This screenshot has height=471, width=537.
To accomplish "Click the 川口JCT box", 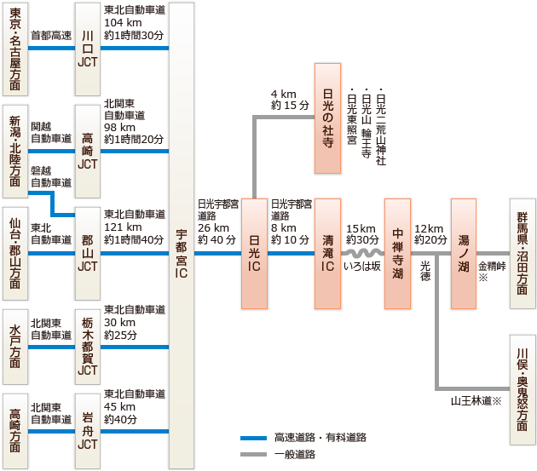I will [88, 49].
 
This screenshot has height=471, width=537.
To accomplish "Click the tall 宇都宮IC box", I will [182, 235].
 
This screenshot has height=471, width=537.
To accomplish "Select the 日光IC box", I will [255, 254].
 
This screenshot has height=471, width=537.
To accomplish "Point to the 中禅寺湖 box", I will [398, 254].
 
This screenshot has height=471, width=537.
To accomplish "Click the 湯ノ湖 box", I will [464, 254].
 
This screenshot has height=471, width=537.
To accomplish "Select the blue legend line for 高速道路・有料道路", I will [253, 438].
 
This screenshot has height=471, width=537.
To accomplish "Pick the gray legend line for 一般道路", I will [253, 455].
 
